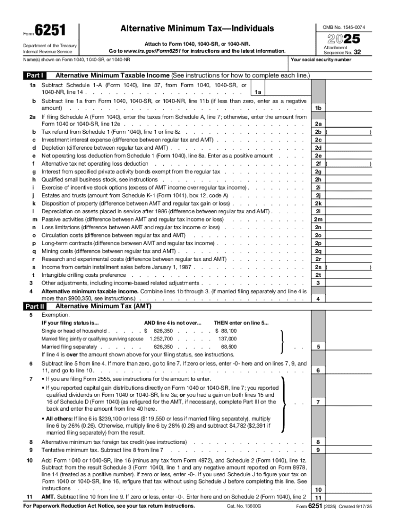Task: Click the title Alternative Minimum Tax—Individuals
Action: [197, 29]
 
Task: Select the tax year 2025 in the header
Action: [347, 38]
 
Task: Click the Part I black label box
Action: [36, 76]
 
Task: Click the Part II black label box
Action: [36, 307]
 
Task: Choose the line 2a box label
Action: [318, 124]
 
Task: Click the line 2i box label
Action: [318, 188]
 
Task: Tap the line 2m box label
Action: [318, 219]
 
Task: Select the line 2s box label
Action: [318, 267]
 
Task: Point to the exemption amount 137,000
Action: [227, 339]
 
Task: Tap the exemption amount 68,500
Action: [228, 347]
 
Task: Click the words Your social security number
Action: [321, 59]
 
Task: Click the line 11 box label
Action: [318, 498]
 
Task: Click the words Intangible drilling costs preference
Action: [84, 275]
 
